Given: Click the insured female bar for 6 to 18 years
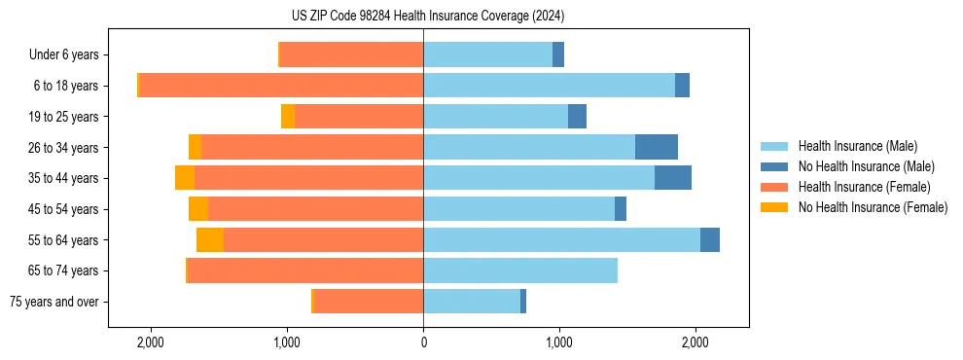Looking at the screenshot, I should tap(281, 86).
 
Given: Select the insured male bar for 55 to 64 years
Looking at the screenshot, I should tap(561, 239).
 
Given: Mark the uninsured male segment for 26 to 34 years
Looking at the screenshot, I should tap(657, 147).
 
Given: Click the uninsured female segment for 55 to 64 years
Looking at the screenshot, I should tap(210, 239).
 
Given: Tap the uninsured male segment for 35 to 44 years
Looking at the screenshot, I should tap(673, 178).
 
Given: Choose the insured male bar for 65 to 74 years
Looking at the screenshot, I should tap(520, 270).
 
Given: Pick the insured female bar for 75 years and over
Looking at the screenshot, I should tap(369, 302).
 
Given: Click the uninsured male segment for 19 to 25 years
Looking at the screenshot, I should tap(577, 117).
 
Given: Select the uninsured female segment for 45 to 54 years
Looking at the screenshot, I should tap(198, 209).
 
